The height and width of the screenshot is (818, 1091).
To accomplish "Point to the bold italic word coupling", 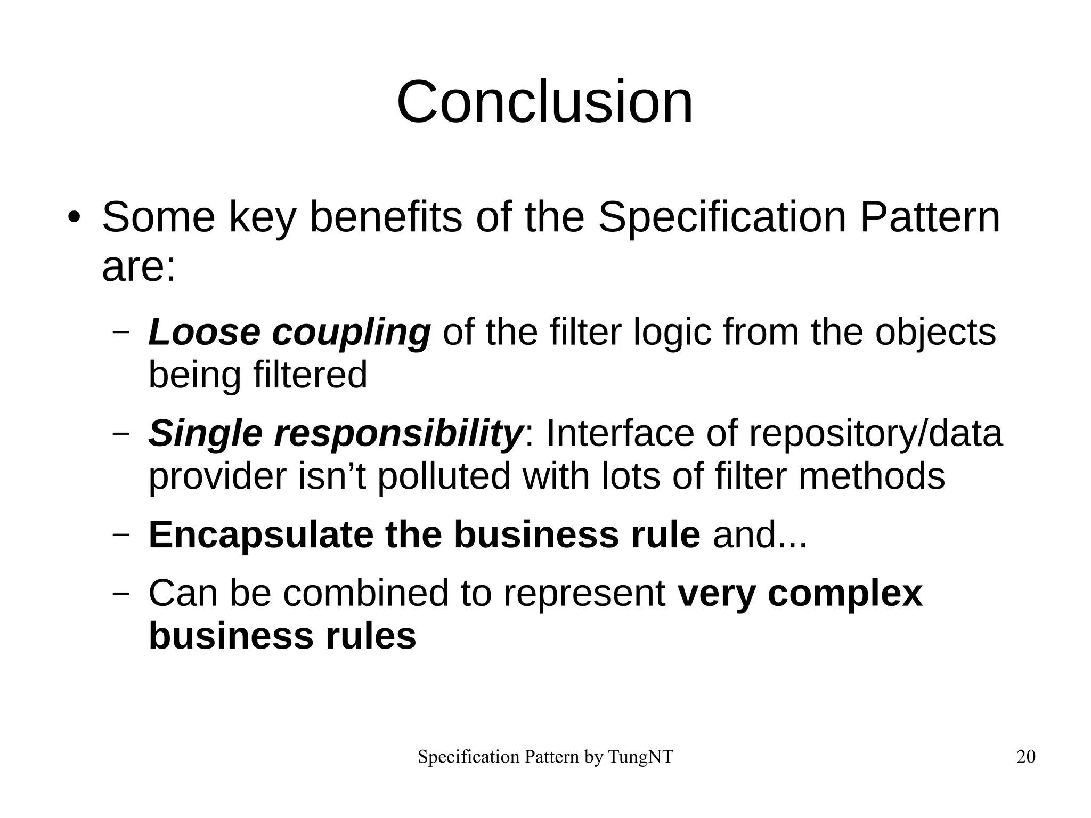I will coord(351,333).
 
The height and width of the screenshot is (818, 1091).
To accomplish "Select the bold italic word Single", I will coord(205,434).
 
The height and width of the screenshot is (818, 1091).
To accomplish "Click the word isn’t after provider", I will coord(331,476).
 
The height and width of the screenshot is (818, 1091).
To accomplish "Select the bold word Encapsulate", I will coord(260,534).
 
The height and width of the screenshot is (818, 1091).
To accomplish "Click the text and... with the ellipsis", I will coord(760,534).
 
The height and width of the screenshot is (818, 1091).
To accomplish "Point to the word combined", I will coord(365,593).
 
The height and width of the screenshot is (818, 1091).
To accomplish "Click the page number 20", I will coord(1025,757).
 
